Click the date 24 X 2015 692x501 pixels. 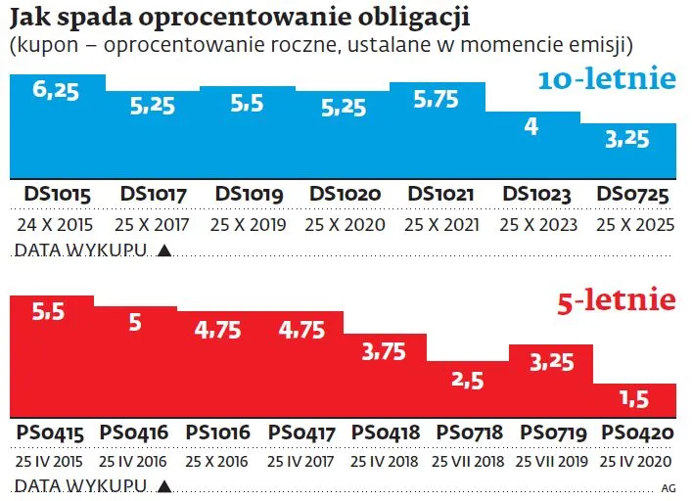[x=56, y=225]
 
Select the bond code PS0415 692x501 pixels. [x=50, y=432]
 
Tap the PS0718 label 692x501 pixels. [x=466, y=432]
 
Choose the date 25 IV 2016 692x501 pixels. [x=133, y=459]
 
